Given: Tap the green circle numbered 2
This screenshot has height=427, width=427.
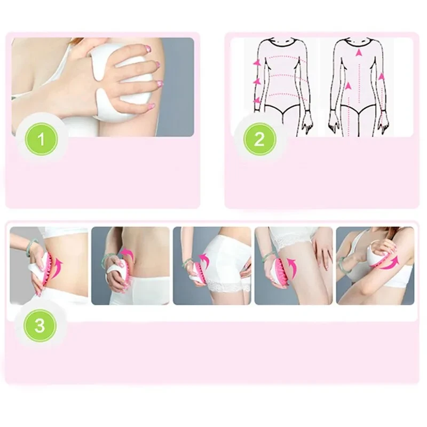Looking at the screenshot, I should point(259,139).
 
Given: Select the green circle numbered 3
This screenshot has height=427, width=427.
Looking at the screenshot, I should point(39,325).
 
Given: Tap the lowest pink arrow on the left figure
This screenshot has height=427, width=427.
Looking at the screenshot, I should point(257,100).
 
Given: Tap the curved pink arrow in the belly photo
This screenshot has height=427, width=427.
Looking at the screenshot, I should point(126,252).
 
